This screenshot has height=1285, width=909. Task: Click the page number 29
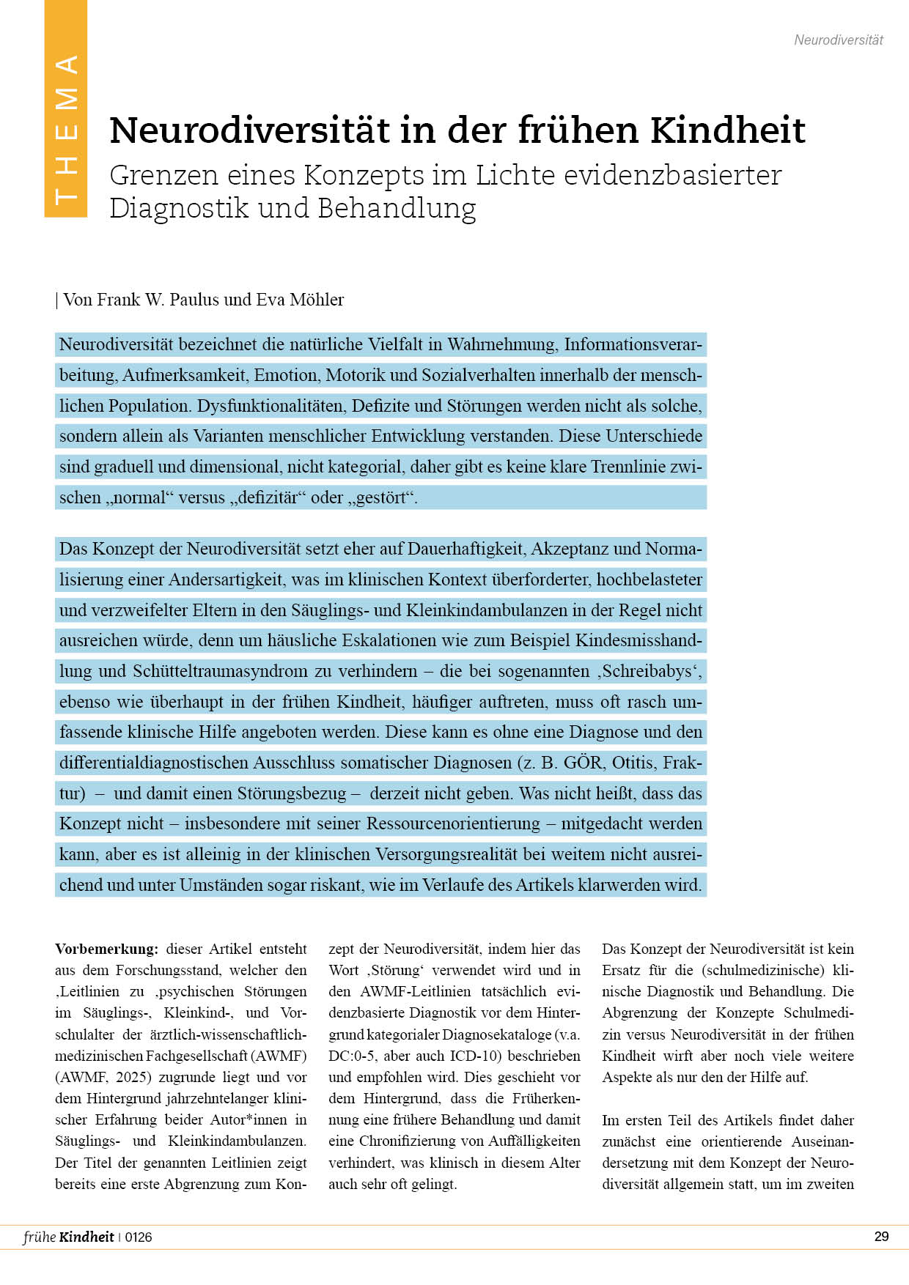[x=881, y=1237]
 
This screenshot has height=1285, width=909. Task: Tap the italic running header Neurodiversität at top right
[x=839, y=40]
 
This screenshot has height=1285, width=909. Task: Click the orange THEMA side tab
[x=66, y=109]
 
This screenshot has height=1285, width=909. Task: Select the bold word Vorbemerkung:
[x=106, y=949]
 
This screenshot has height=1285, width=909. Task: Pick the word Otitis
[x=633, y=763]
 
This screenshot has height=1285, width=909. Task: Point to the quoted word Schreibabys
[x=647, y=671]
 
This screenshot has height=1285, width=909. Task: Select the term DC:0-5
[x=351, y=1056]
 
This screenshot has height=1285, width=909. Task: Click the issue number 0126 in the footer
[x=139, y=1237]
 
